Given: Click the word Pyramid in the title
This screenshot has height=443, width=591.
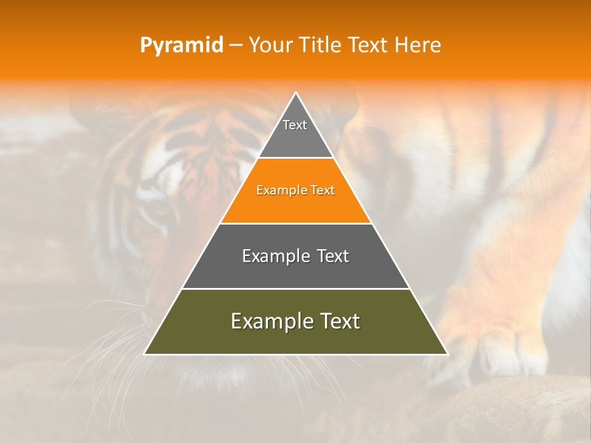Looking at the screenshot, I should pyautogui.click(x=181, y=46).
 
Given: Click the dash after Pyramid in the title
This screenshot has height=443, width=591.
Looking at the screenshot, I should pyautogui.click(x=236, y=46).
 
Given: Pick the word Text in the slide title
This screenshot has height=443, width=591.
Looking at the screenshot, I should pyautogui.click(x=368, y=46).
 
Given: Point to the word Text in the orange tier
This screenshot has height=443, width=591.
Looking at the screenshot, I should pyautogui.click(x=321, y=191).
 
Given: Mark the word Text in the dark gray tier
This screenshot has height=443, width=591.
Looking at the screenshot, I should pyautogui.click(x=333, y=256).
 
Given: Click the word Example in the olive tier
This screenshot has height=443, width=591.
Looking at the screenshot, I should pyautogui.click(x=269, y=321).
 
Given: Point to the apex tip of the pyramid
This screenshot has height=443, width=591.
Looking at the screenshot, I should pyautogui.click(x=295, y=94).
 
